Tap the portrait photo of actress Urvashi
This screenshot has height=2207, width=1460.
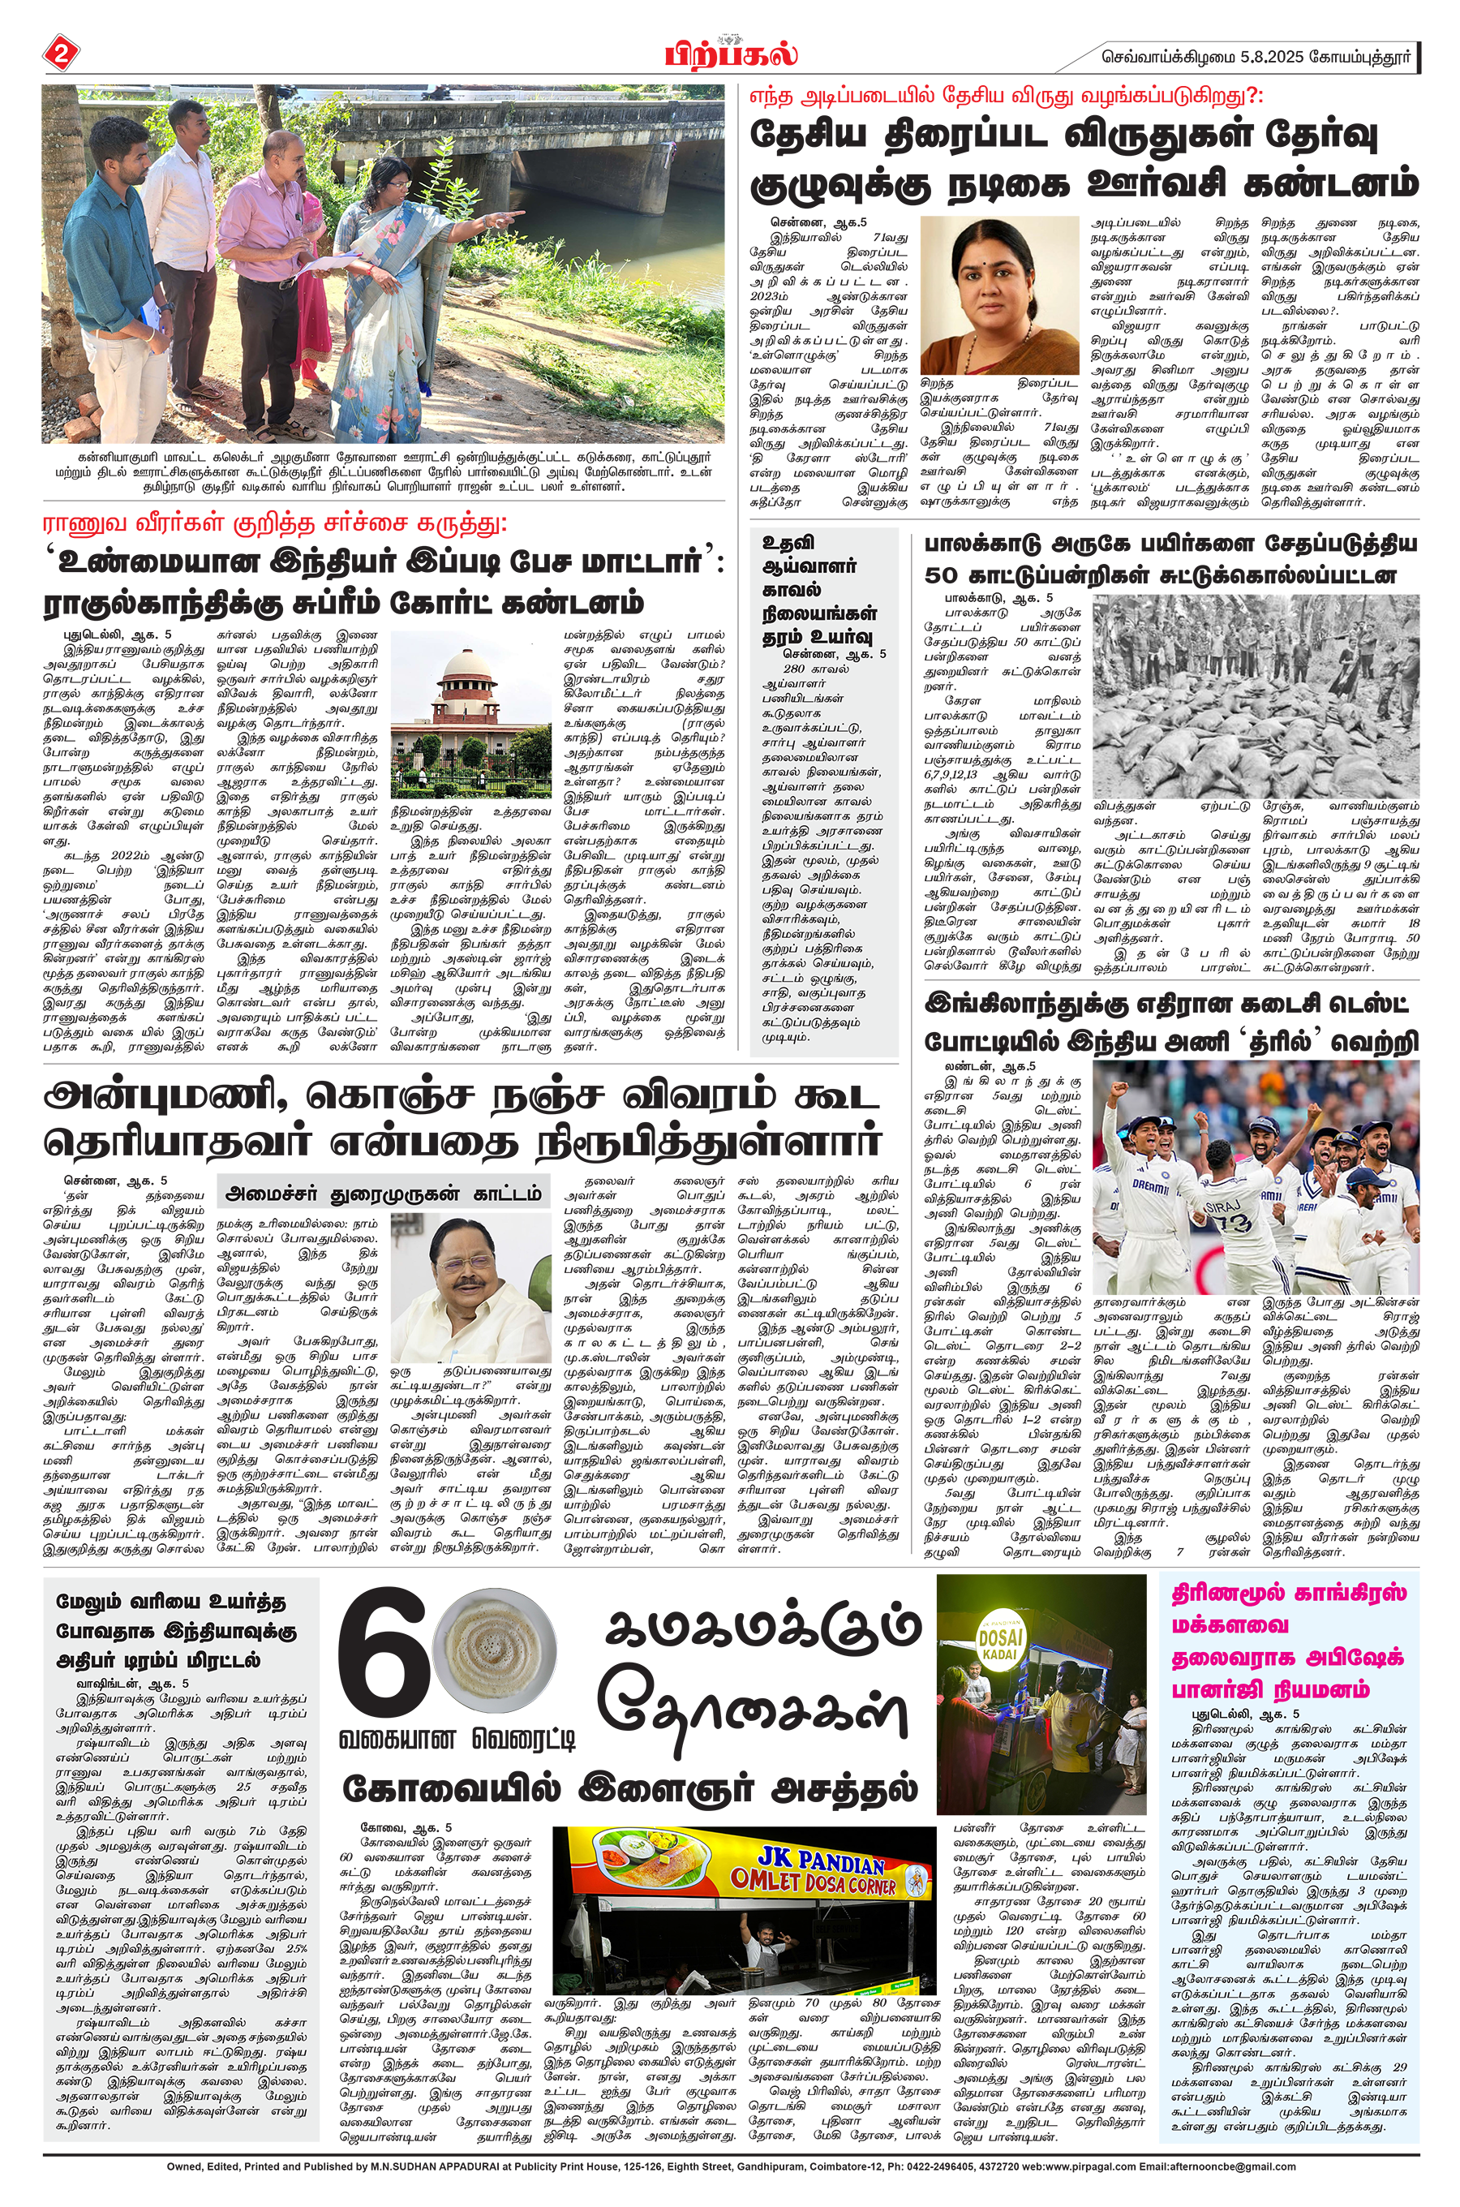[x=998, y=295]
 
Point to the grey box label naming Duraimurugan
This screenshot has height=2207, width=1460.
[x=384, y=1193]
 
